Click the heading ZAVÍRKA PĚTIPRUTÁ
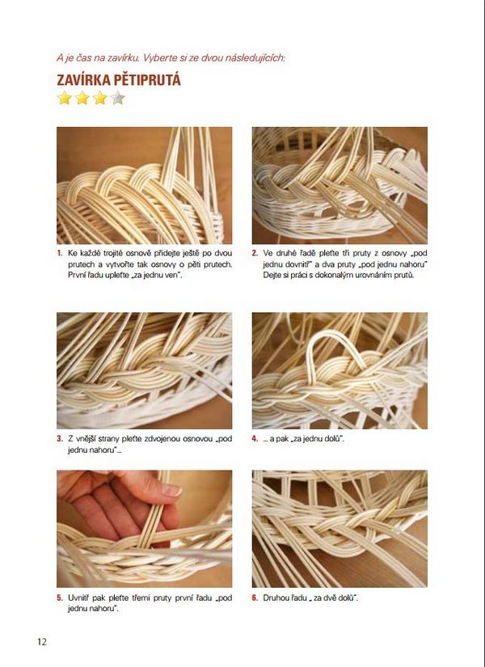[x=119, y=80]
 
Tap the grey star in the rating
[x=118, y=99]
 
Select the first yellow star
[x=64, y=99]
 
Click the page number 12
[x=42, y=641]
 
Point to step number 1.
[x=60, y=253]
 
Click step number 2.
[x=255, y=253]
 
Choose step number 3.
[x=60, y=438]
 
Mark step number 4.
[x=255, y=438]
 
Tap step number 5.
[x=60, y=598]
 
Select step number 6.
[x=255, y=598]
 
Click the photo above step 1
[x=145, y=185]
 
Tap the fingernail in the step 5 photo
[x=171, y=491]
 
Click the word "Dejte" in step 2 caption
[x=271, y=275]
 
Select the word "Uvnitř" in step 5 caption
[x=78, y=598]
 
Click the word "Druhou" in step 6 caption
[x=274, y=598]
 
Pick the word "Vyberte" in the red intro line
[x=158, y=58]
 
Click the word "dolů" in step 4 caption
[x=332, y=438]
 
